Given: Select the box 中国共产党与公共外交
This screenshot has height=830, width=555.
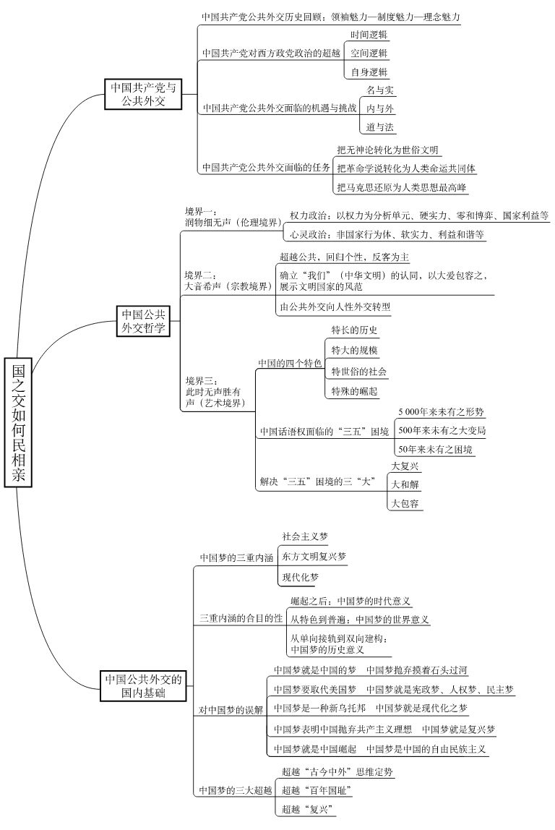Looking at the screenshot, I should (x=142, y=95).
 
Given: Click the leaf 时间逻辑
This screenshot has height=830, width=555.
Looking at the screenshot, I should (x=369, y=35).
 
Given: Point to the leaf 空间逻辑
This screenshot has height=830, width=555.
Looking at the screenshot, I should (x=369, y=54).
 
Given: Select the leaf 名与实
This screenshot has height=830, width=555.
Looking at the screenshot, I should (x=380, y=90).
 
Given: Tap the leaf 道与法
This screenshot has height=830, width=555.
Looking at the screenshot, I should (x=380, y=127).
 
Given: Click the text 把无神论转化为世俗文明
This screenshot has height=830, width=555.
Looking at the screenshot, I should (x=387, y=150).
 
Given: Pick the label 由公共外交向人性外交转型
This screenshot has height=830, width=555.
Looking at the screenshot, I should (x=335, y=307).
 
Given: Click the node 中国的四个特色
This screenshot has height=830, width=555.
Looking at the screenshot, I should (x=289, y=362).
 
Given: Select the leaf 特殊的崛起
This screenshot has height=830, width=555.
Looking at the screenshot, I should (x=354, y=391).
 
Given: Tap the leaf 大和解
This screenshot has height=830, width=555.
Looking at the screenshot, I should (x=405, y=484).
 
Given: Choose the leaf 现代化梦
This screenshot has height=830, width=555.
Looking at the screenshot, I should (x=299, y=578).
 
